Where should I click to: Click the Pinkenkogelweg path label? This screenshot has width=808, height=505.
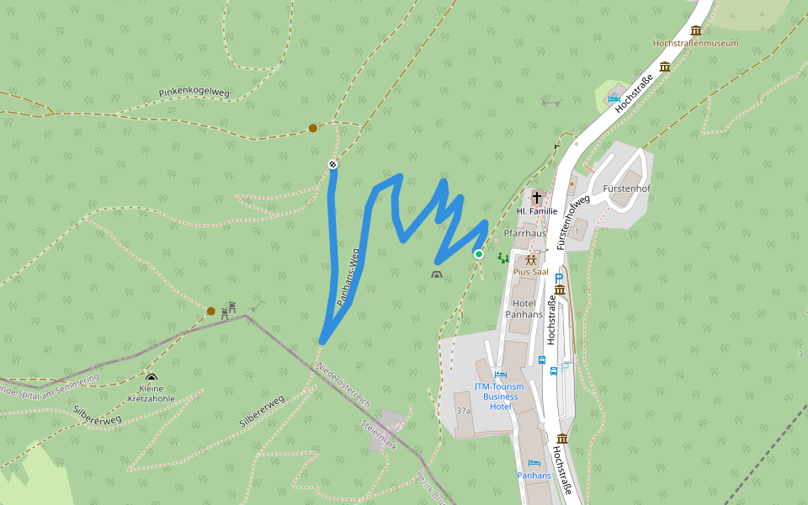[x=194, y=93]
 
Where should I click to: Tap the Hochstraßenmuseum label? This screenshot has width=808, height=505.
[x=695, y=43]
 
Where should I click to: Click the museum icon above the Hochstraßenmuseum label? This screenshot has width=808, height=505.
[x=695, y=30]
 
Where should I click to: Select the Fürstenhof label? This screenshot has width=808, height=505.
[x=626, y=189]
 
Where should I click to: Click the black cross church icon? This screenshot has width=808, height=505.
[x=536, y=197]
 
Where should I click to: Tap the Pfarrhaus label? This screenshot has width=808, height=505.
[x=524, y=233]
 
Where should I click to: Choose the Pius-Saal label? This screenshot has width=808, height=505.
[x=531, y=273]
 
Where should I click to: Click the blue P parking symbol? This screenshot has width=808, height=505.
[x=558, y=278]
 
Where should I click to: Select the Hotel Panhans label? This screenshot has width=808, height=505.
[x=524, y=309]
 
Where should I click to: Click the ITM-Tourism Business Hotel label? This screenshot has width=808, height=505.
[x=499, y=396]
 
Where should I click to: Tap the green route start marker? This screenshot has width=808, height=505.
[x=479, y=253]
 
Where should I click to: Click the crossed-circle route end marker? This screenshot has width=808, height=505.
[x=333, y=164]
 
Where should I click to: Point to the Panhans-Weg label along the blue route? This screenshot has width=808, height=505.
[x=348, y=276]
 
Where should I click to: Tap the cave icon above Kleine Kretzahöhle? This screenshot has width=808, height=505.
[x=151, y=377]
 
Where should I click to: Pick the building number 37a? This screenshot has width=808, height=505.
[x=463, y=411]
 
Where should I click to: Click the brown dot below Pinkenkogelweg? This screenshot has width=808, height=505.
[x=312, y=128]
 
